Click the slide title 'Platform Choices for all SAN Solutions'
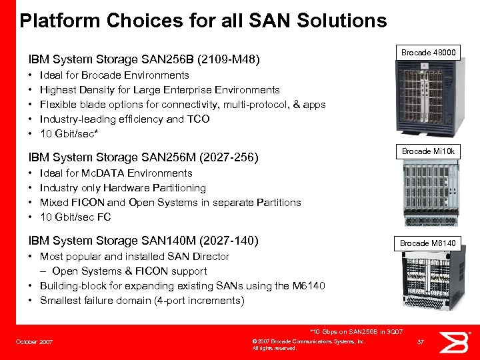tap(203, 21)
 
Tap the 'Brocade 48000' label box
tap(428, 53)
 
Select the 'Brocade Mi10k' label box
tap(428, 151)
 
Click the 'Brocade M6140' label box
tap(428, 243)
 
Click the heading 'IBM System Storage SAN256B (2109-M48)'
tap(143, 60)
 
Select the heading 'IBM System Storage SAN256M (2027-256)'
tap(143, 157)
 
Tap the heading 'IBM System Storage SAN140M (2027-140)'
tap(143, 241)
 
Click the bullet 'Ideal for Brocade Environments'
tap(114, 75)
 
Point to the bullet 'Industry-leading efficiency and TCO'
tap(125, 119)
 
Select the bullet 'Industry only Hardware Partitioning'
tap(123, 188)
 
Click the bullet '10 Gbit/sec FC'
tap(75, 217)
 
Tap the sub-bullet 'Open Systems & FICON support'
tap(129, 271)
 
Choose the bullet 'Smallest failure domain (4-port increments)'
tap(142, 301)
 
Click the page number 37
tap(420, 343)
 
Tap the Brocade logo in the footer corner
tap(458, 341)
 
